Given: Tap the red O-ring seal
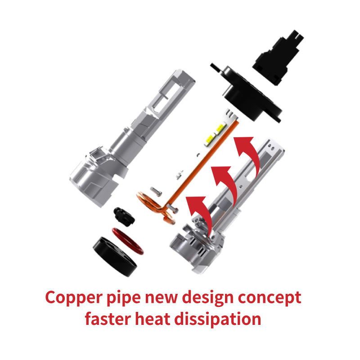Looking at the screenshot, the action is click(x=127, y=240).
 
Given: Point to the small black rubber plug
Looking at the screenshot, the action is click(x=122, y=215).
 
